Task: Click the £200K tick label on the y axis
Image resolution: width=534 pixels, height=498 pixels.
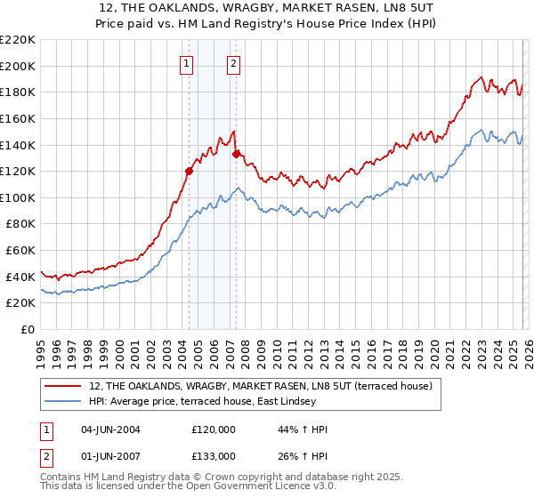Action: point(18,66)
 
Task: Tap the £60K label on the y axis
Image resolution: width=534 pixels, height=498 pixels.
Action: point(20,251)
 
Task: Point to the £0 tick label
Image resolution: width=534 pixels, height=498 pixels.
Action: point(29,330)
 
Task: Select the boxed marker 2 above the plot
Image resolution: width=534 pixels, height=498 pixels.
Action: point(234,63)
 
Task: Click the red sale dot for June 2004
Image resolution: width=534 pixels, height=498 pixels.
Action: point(189,171)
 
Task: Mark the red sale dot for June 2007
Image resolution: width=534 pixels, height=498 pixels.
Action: point(236,154)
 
